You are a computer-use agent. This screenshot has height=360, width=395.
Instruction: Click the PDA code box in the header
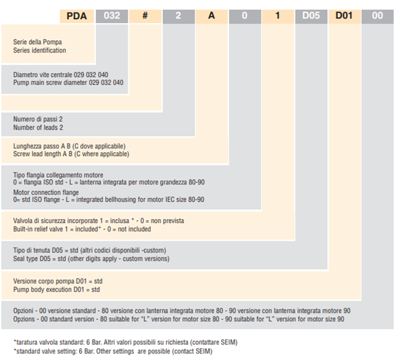77,16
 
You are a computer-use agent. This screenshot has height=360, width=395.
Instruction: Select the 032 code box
112,16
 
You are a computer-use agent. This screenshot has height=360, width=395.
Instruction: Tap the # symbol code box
145,16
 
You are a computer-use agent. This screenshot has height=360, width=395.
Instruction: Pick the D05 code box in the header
311,16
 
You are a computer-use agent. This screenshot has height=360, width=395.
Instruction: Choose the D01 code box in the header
344,16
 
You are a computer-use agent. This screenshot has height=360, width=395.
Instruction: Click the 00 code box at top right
377,16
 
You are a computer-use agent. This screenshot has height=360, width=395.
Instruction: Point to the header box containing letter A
211,16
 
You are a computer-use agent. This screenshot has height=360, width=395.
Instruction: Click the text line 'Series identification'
39,51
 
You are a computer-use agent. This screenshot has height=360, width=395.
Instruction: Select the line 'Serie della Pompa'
38,42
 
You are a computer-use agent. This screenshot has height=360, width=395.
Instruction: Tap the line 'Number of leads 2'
38,128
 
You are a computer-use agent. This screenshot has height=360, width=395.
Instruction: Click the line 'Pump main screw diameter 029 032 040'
68,83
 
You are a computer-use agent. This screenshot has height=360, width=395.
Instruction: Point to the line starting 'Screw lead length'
71,154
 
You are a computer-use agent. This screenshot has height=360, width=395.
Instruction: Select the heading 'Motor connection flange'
46,192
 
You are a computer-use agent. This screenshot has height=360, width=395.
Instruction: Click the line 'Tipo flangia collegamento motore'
58,175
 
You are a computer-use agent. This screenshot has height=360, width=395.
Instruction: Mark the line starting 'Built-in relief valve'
82,229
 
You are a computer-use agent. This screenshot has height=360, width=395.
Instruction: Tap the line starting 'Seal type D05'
92,259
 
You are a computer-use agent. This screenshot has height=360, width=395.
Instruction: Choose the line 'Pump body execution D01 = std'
57,290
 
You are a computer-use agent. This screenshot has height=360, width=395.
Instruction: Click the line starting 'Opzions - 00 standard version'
178,319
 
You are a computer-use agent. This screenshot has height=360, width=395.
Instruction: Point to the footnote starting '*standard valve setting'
113,351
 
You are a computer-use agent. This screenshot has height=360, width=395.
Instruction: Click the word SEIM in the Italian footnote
228,342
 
